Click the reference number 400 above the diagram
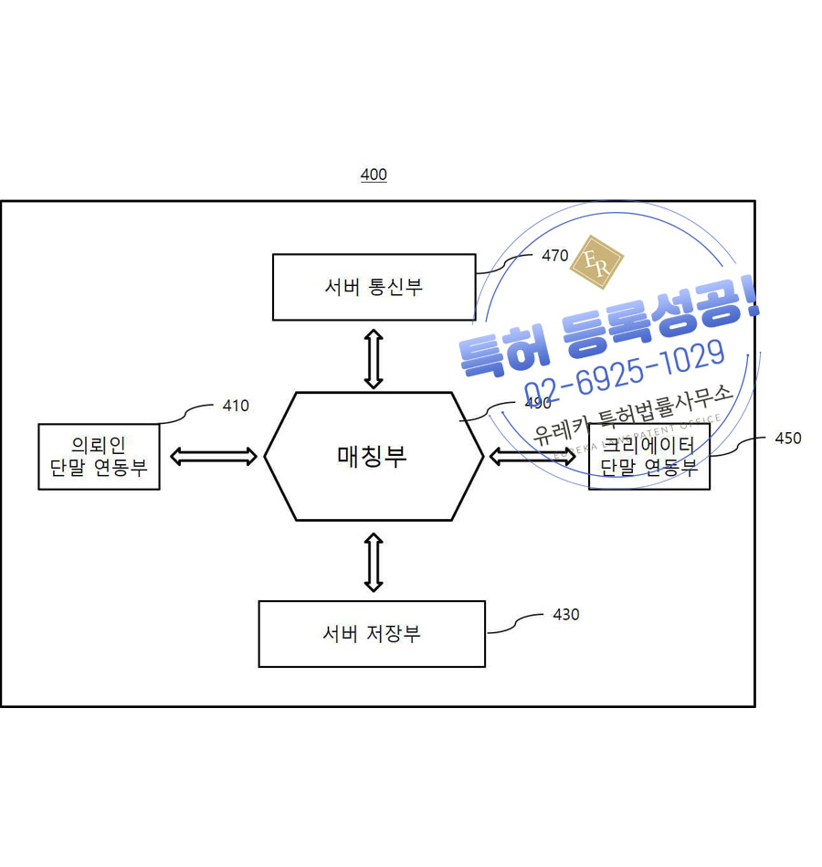[x=374, y=174]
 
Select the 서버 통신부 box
[x=374, y=287]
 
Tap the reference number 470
[x=554, y=256]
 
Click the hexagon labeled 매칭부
[x=373, y=456]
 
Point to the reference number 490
[x=538, y=403]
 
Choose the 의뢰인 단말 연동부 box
[x=99, y=456]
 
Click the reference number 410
[x=236, y=406]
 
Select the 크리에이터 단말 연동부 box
[x=648, y=456]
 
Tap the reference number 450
[x=787, y=439]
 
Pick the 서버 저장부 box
[x=372, y=633]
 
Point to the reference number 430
[x=566, y=615]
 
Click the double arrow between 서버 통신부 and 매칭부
[x=373, y=357]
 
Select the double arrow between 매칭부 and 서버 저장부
[x=373, y=561]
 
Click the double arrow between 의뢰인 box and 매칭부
[x=213, y=457]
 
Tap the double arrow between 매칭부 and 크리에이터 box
[x=532, y=456]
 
